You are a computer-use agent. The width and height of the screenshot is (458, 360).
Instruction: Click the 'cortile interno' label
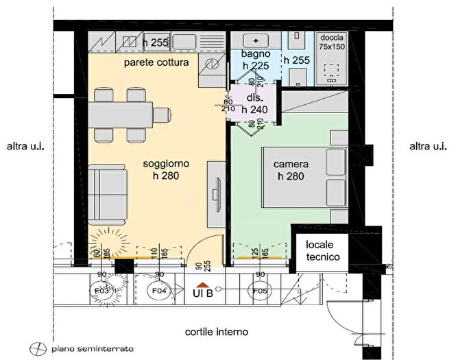216,332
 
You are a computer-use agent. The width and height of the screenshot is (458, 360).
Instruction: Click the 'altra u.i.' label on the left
25,146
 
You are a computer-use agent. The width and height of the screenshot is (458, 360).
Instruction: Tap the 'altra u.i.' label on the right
428,146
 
